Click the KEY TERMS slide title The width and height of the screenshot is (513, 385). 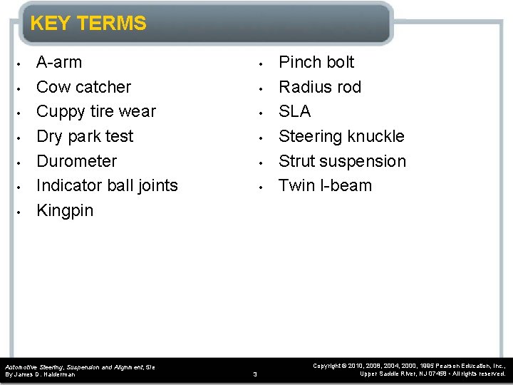(x=88, y=24)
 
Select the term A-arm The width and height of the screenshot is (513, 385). (x=59, y=62)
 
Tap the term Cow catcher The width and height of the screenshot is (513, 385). (x=83, y=87)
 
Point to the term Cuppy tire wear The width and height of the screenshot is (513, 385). (x=95, y=112)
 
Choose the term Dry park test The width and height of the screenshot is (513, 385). (x=84, y=136)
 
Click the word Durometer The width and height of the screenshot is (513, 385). (x=76, y=161)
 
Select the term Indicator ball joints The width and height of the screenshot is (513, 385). (x=107, y=185)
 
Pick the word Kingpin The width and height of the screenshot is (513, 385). (x=65, y=210)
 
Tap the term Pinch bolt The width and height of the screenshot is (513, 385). (x=316, y=62)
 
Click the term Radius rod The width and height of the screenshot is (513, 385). (x=319, y=87)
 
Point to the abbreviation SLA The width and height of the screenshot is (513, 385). (x=294, y=112)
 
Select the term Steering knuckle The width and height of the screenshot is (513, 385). (x=341, y=136)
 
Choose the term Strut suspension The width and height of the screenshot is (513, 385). (x=342, y=161)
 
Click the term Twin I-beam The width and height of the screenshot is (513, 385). (x=325, y=185)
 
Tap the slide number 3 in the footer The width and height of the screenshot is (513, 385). (x=256, y=374)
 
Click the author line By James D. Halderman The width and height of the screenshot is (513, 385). (x=40, y=374)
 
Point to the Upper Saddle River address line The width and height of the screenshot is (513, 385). (x=432, y=374)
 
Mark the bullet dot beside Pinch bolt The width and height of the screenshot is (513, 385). (x=261, y=63)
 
